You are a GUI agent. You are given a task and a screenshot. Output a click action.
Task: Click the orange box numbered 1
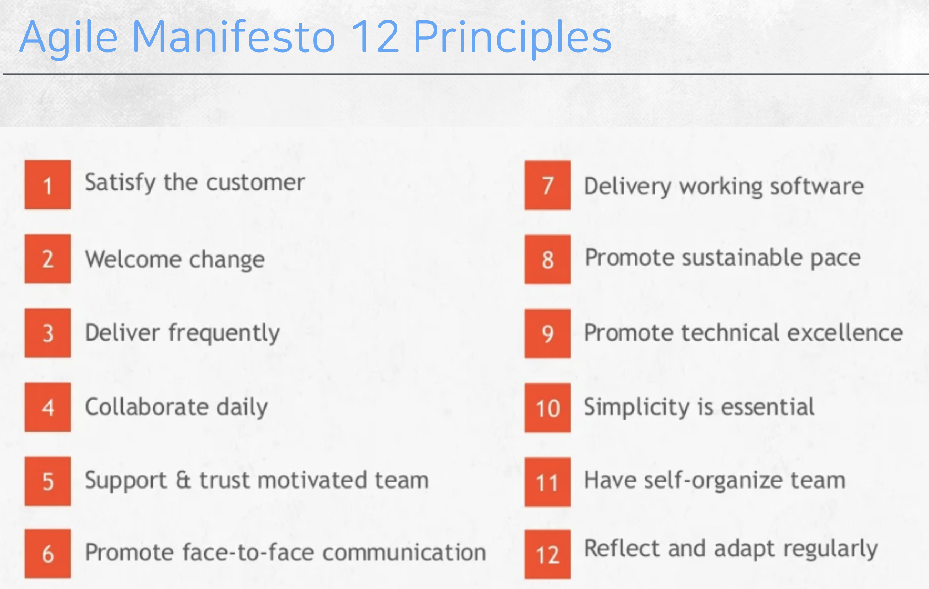48,184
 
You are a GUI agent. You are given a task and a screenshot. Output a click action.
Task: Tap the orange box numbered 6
48,554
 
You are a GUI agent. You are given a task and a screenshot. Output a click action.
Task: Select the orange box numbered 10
547,408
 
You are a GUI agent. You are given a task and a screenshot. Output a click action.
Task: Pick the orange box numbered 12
547,554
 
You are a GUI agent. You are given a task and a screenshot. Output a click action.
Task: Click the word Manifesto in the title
234,37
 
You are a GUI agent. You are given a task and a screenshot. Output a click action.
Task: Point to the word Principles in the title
513,39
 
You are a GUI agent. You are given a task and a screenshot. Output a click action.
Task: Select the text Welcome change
175,259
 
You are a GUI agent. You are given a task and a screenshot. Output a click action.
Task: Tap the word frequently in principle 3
224,333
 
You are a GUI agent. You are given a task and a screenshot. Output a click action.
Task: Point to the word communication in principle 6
404,552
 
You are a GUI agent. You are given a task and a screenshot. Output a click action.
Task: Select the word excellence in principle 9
845,333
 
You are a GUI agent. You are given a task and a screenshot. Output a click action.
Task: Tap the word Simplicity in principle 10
637,407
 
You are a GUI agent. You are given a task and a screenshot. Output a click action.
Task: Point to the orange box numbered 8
547,259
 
